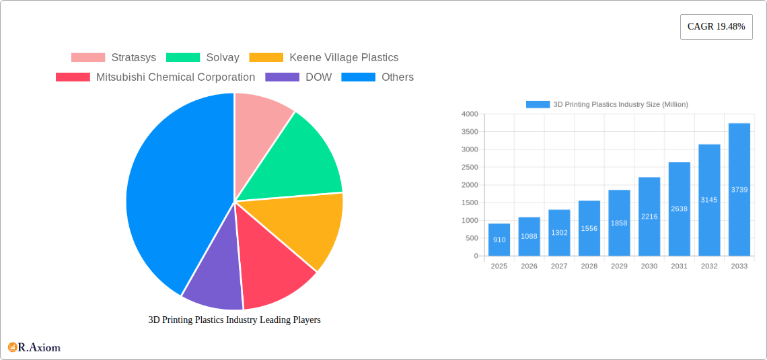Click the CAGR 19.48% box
716,27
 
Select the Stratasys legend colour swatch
88,58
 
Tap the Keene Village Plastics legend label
343,58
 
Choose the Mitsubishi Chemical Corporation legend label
175,77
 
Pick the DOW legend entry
318,77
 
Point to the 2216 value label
649,216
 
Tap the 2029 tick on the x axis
619,266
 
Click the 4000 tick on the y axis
470,114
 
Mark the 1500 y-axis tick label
470,203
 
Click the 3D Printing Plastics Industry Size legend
606,104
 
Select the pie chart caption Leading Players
234,320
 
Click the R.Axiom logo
34,347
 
